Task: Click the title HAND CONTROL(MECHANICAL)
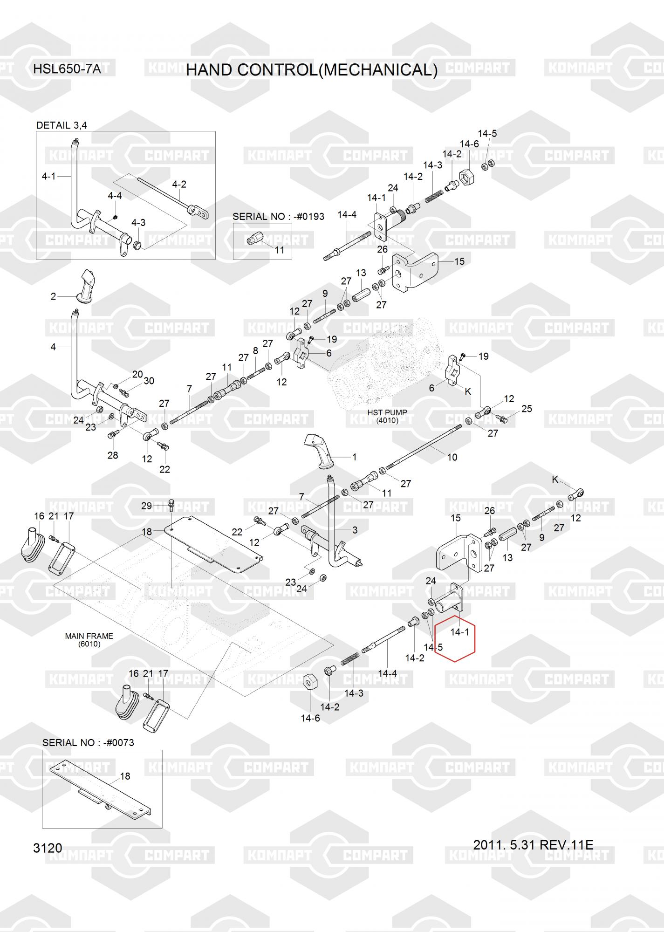[x=312, y=70]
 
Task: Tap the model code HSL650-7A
[x=67, y=69]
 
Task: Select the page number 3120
[x=48, y=848]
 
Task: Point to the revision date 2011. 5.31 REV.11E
[x=533, y=844]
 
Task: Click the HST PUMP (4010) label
[x=387, y=416]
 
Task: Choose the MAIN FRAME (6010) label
[x=89, y=640]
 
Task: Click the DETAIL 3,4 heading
[x=62, y=125]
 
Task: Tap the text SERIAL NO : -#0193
[x=278, y=217]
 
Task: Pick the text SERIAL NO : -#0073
[x=88, y=742]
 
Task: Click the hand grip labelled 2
[x=85, y=286]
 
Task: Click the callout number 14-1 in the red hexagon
[x=459, y=632]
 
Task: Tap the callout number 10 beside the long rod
[x=452, y=457]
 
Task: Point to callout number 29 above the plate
[x=147, y=506]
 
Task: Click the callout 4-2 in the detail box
[x=179, y=184]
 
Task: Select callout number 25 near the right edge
[x=527, y=409]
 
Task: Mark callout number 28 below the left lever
[x=113, y=455]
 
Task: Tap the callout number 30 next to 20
[x=149, y=381]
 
